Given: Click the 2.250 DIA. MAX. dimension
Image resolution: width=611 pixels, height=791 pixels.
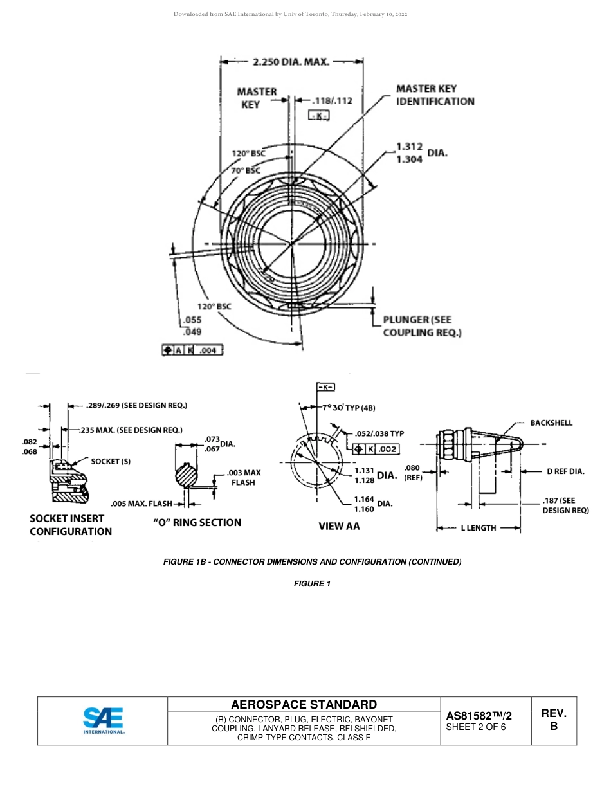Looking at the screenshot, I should (291, 62).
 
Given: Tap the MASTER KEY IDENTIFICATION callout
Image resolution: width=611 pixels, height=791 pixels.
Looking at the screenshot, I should (435, 95).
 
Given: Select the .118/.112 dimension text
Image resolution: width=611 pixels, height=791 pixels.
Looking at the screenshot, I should (332, 100).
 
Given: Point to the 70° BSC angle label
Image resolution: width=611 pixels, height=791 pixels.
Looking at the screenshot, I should (246, 170).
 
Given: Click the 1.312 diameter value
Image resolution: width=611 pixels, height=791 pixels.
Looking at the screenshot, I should (410, 147).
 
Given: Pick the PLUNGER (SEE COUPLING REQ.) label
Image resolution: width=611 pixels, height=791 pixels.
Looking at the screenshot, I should (422, 326).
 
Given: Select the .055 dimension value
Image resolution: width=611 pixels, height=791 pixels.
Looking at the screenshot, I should (193, 320).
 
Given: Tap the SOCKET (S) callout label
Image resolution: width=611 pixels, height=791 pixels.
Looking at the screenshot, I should (111, 461).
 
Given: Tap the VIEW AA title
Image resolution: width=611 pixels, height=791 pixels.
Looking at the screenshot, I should (339, 526).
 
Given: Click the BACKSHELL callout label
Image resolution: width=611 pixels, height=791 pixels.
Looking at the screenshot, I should (551, 423).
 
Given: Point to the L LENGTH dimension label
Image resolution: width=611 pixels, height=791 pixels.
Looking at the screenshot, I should (479, 528).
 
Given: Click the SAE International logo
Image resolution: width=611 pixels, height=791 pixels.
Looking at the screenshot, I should (103, 720).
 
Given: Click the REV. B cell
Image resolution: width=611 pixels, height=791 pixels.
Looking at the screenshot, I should (553, 720).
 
